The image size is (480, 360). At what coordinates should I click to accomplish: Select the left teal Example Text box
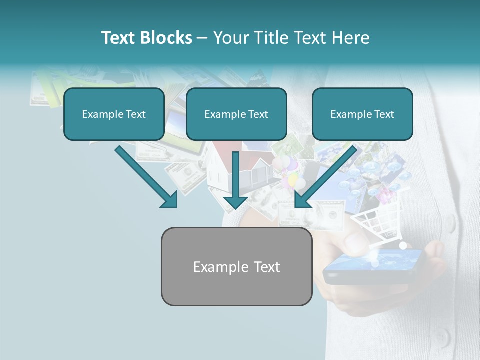tap(114, 114)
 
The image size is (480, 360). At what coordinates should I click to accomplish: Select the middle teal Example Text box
tap(236, 114)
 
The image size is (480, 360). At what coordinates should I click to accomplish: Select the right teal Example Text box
tap(362, 114)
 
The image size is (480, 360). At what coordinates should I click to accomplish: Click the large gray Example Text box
tap(236, 266)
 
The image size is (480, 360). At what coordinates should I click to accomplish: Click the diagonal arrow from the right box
tap(325, 177)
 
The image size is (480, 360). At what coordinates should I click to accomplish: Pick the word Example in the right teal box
tap(349, 114)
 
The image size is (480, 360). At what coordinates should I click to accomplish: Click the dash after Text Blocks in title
tap(202, 38)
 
